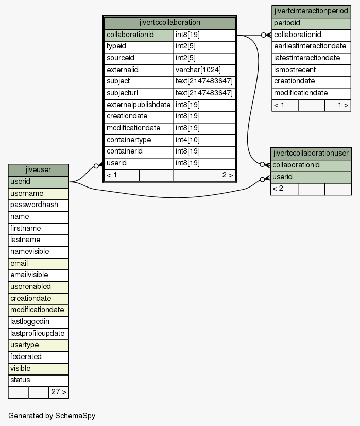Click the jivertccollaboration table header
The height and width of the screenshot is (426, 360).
pos(169,23)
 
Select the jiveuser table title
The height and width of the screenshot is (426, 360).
pos(38,170)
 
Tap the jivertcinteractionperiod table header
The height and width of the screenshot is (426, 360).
pos(311,11)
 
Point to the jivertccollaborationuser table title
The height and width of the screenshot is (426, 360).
pos(311,154)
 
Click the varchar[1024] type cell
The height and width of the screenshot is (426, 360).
pos(204,70)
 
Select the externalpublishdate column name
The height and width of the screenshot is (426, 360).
pos(139,105)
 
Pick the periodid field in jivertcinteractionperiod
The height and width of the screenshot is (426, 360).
pos(311,23)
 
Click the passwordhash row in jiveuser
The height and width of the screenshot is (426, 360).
pos(38,205)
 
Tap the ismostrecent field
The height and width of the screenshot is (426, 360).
pos(311,70)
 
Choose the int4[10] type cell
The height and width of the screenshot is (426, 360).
pos(204,140)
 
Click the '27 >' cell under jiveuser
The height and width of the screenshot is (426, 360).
pos(59,392)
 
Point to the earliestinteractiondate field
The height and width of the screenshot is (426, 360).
pos(311,47)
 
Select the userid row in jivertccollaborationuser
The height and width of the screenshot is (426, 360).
pos(311,177)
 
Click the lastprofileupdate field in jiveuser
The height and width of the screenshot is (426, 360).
pos(38,334)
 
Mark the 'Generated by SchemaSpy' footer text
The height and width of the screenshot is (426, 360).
pos(52,416)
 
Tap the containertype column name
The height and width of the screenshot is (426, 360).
pos(139,140)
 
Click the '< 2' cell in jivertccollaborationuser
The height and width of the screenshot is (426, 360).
pos(284,189)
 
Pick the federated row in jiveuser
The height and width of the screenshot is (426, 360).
pos(38,357)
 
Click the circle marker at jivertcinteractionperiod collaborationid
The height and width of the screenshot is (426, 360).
pos(263,35)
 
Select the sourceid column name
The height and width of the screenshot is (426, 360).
pos(139,58)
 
